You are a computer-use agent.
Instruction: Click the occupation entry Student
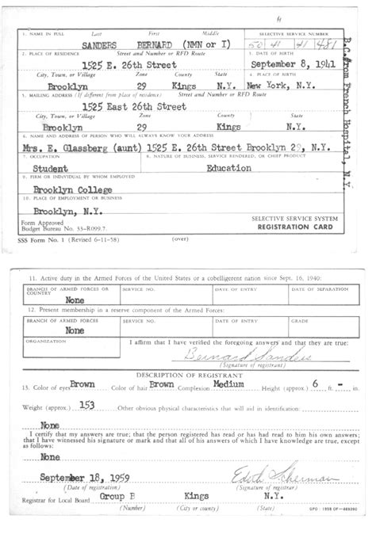(x=46, y=168)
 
